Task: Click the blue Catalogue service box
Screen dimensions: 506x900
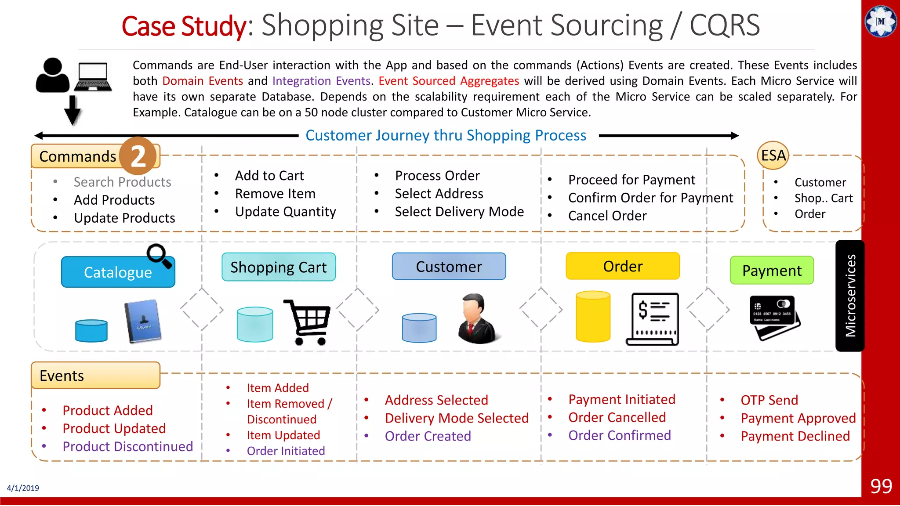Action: [118, 272]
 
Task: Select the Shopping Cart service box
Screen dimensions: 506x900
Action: [279, 267]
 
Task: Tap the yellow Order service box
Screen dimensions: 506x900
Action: [623, 266]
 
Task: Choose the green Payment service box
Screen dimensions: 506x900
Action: [772, 271]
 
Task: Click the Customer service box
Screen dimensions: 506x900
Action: [449, 267]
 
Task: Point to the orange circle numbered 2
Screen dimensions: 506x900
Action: [138, 155]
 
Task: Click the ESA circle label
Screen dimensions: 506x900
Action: [773, 155]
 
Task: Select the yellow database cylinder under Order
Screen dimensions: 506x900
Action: [593, 316]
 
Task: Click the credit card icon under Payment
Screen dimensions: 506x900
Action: [774, 317]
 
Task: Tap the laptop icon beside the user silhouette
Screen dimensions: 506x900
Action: [93, 76]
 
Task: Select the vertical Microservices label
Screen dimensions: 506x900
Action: [850, 296]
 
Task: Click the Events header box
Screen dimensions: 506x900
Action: [95, 376]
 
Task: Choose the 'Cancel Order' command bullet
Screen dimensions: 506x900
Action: [607, 216]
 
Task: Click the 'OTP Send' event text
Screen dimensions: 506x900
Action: [769, 400]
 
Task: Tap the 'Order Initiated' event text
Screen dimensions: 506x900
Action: [286, 451]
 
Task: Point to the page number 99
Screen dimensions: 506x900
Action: [881, 486]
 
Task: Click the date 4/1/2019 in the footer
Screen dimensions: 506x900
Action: [23, 488]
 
